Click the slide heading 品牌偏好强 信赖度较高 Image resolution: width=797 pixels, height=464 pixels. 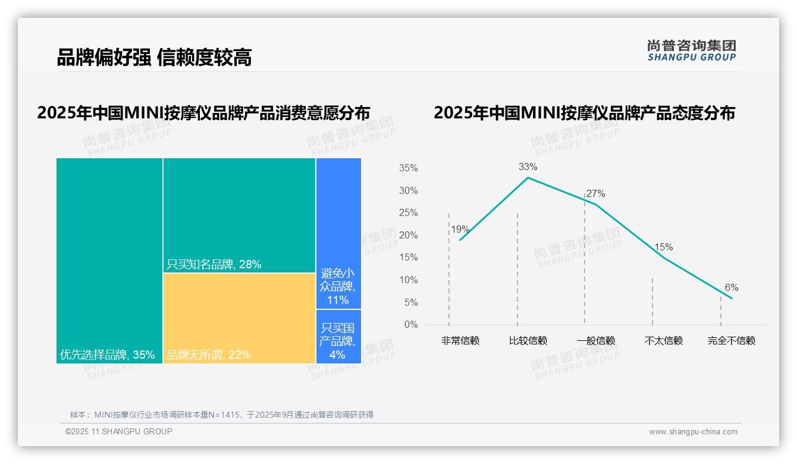[154, 57]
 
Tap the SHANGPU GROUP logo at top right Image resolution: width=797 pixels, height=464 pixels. [691, 51]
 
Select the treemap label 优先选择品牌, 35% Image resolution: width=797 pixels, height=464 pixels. [107, 355]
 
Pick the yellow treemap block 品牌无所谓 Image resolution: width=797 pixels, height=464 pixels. [239, 318]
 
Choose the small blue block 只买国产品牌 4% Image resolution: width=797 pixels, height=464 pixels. [338, 337]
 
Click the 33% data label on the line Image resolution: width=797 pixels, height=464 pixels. [528, 167]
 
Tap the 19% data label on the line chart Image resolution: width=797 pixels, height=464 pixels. [460, 230]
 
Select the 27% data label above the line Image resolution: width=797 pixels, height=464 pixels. [595, 194]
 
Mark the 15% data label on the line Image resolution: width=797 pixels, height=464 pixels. [663, 247]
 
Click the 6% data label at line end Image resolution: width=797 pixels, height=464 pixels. [731, 288]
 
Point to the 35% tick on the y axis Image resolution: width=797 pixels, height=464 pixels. [408, 168]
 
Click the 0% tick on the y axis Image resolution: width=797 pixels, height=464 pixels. [411, 325]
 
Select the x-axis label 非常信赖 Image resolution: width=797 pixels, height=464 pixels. [460, 341]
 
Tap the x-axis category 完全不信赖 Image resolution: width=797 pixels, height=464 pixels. [731, 341]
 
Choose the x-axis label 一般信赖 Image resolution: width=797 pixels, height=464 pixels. [595, 341]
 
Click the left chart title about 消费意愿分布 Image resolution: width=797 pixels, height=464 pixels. [203, 113]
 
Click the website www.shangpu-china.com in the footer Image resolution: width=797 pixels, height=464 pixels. [693, 432]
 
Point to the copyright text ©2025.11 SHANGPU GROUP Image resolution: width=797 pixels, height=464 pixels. [119, 431]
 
